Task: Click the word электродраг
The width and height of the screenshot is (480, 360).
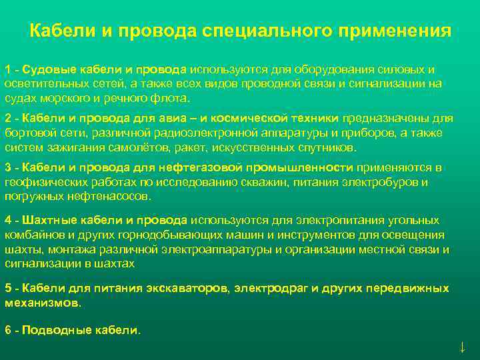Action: [275, 289]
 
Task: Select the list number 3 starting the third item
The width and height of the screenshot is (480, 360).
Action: [7, 167]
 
